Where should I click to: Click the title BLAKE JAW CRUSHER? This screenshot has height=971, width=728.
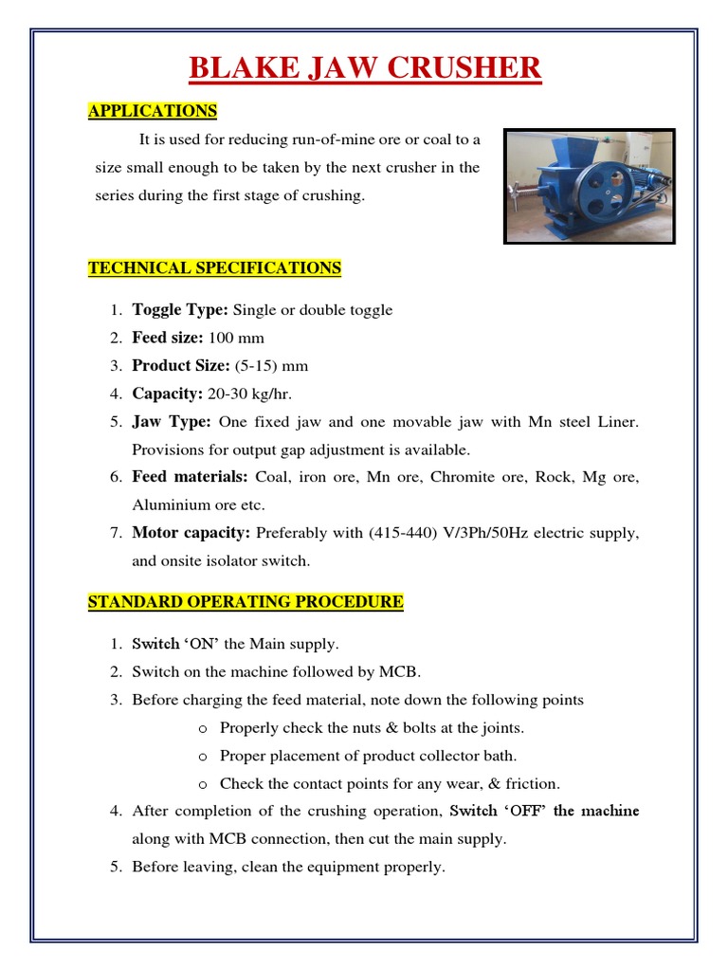[365, 69]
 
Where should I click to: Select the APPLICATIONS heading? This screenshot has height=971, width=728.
[153, 111]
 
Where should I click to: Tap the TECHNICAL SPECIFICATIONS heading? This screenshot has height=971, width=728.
[214, 268]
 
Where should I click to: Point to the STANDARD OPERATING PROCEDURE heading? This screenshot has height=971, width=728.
[246, 602]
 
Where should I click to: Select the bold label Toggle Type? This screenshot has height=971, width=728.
[180, 310]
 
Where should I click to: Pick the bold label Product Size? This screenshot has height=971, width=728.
[181, 366]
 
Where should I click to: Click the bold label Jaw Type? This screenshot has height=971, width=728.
[171, 421]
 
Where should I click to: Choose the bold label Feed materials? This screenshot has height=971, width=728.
[190, 477]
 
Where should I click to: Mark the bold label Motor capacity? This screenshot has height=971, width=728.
[191, 533]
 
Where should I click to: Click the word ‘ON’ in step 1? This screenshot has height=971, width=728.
[202, 644]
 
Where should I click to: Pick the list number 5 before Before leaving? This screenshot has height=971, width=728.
[116, 867]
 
